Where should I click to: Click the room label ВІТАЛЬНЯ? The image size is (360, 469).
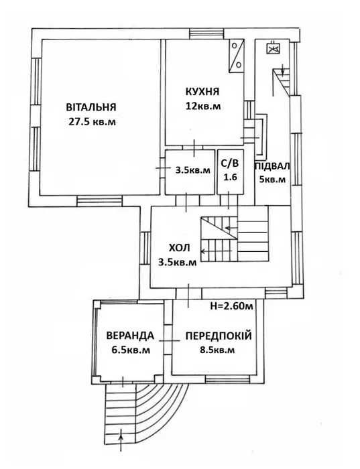91,107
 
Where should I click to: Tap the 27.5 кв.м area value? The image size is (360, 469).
91,122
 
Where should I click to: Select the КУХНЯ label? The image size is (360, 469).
204,91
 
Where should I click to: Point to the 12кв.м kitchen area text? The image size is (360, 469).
204,105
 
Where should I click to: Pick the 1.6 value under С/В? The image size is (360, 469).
230,178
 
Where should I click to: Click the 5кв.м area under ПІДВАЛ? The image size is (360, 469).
273,180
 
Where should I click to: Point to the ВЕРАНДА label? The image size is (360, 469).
130,335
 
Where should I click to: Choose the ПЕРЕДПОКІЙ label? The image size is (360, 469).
219,335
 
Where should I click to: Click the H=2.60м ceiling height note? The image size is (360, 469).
231,307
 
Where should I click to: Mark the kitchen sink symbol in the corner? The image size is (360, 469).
237,56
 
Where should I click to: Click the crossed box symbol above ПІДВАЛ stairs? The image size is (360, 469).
272,48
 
